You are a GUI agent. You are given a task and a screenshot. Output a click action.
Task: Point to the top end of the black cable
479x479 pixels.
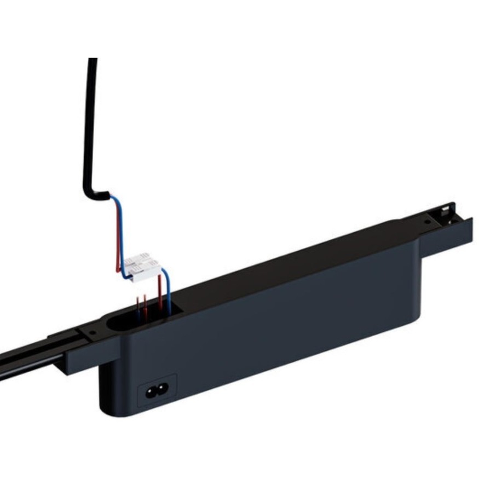point(93,60)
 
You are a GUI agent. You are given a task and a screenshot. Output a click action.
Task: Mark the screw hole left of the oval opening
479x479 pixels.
point(92,331)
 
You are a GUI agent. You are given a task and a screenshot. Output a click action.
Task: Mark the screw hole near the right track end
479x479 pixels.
point(426,223)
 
